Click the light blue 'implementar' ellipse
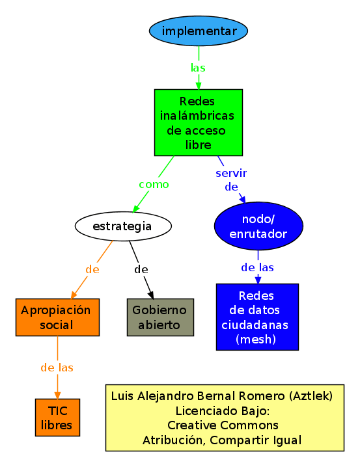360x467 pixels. coord(199,31)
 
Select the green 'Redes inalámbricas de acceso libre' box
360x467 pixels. coord(199,122)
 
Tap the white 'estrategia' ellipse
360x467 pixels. coord(123,226)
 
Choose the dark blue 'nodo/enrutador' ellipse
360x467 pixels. coord(258,226)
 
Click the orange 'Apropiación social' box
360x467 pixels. coord(58,317)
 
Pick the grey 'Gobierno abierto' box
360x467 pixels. coord(160,317)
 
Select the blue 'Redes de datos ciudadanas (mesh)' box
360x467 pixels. coord(257,317)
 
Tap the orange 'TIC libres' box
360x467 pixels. coord(57,417)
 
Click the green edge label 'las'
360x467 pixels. coord(199,68)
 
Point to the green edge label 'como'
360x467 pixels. coord(154,184)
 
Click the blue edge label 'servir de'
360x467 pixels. coord(231,180)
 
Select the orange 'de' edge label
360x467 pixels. coord(92,269)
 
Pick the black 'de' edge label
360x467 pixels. coord(141,269)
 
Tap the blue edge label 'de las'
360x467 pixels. coord(257,267)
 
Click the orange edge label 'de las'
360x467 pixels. coord(57,367)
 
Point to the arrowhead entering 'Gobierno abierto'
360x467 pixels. coord(151,295)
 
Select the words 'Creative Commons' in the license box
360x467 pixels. coord(223,425)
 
